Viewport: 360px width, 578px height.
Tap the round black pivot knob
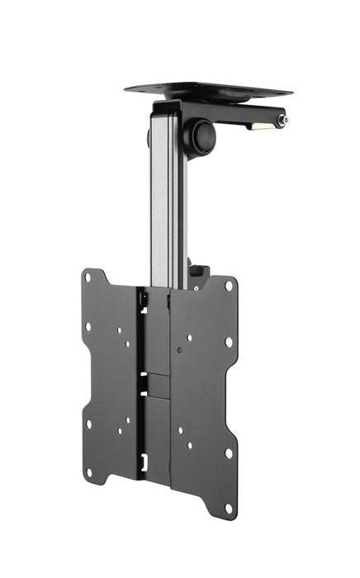tap(201, 137)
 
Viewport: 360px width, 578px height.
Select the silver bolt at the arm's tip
tap(283, 121)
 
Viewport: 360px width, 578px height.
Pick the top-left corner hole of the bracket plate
tap(89, 278)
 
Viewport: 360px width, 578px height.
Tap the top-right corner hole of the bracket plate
tap(228, 287)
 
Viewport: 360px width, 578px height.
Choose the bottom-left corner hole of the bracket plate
tap(88, 472)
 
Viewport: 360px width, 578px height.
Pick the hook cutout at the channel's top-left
tap(144, 301)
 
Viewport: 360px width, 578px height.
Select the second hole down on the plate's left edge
tap(88, 326)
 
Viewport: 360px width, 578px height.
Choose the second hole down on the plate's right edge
tap(229, 341)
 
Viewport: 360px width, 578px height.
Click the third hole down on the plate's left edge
tap(88, 424)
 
